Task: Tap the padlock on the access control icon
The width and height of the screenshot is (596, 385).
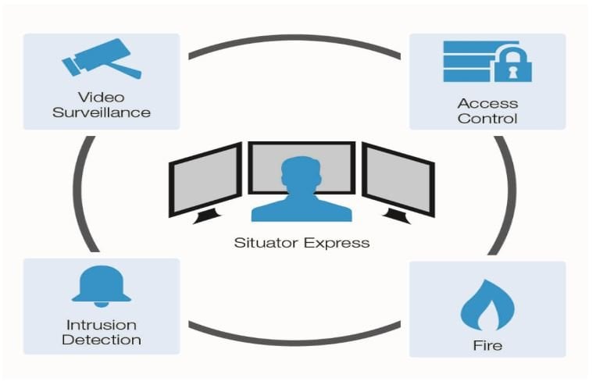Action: click(512, 64)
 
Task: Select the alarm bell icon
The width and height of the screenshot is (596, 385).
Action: click(101, 286)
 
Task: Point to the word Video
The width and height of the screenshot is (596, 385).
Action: click(102, 97)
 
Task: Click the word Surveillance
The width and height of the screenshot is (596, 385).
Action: click(102, 112)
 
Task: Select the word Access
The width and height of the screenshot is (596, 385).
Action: click(487, 103)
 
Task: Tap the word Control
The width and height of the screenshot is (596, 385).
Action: click(487, 119)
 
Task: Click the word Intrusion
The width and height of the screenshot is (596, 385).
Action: click(102, 324)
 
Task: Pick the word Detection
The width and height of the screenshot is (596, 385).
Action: click(102, 340)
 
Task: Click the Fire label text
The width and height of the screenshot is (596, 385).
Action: click(487, 344)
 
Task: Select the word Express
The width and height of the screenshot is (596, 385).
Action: click(337, 242)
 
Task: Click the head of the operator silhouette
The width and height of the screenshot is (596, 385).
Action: click(302, 172)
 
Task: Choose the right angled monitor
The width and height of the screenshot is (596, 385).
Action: click(398, 180)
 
